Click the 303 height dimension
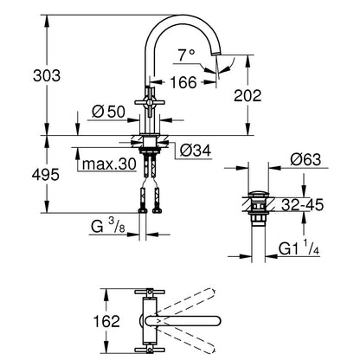pos(47,76)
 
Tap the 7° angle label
pos(186,55)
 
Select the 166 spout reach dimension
pos(183,82)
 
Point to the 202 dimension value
pos(247,95)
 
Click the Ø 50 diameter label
pos(108,112)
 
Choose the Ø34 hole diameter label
pos(196,151)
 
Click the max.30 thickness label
pos(109,164)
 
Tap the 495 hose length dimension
pos(46,175)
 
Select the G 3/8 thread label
pos(108,227)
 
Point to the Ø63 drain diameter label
pos(305,159)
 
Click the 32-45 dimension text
pos(303,205)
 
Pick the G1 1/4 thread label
pos(299,248)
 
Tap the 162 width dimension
pos(106,321)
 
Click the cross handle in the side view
pos(150,102)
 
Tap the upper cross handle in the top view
pos(150,292)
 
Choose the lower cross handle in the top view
pos(150,350)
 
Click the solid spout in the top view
pos(183,321)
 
